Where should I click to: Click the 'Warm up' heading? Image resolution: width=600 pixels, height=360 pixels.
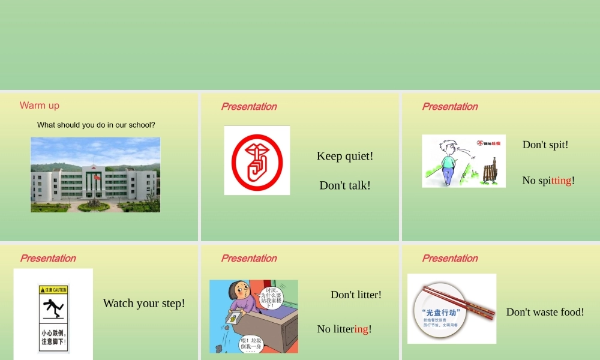click(40, 106)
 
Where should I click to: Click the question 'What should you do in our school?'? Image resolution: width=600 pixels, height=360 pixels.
click(96, 125)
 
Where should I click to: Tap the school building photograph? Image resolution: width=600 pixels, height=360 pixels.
click(95, 175)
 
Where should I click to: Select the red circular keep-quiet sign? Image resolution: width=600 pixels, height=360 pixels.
click(257, 160)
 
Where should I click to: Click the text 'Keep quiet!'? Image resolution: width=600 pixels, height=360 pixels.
click(345, 156)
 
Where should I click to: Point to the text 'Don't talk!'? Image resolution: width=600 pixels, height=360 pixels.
click(345, 185)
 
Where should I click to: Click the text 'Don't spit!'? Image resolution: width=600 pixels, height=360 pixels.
click(545, 145)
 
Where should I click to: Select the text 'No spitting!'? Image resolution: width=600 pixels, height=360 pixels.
click(548, 181)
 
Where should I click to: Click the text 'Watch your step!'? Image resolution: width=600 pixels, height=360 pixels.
click(144, 303)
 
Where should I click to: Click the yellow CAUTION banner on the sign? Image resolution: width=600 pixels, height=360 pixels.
click(53, 290)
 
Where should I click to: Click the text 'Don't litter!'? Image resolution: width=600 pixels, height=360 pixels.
click(356, 295)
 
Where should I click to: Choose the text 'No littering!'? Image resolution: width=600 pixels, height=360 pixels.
click(344, 329)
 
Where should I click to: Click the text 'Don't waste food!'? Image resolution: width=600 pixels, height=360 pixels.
click(545, 312)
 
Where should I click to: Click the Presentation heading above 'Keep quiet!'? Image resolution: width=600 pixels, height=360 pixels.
click(249, 107)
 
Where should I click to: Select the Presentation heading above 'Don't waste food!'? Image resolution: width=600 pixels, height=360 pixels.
click(450, 259)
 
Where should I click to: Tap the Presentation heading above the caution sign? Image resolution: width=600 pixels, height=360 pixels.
click(48, 259)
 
